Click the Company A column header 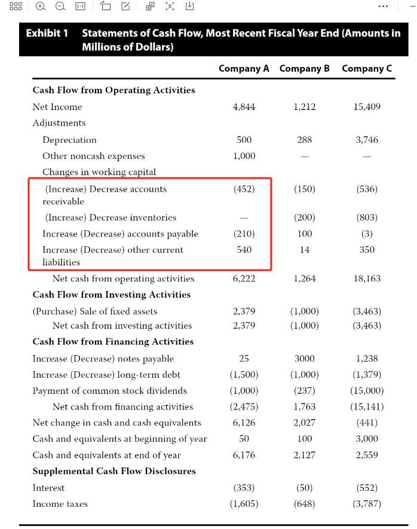click(244, 68)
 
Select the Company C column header click(367, 68)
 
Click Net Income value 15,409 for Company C click(367, 107)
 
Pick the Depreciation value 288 click(304, 140)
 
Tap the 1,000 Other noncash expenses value click(244, 156)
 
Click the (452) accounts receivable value click(244, 189)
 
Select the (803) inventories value click(367, 218)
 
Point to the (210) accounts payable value click(244, 234)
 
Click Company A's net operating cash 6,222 click(244, 279)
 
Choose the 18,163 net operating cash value click(367, 279)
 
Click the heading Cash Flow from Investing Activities click(112, 295)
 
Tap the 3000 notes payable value click(304, 359)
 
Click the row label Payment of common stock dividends click(109, 391)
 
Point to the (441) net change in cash click(367, 423)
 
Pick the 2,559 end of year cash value click(367, 455)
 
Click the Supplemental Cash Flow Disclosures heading click(114, 472)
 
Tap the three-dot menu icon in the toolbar click(383, 7)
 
